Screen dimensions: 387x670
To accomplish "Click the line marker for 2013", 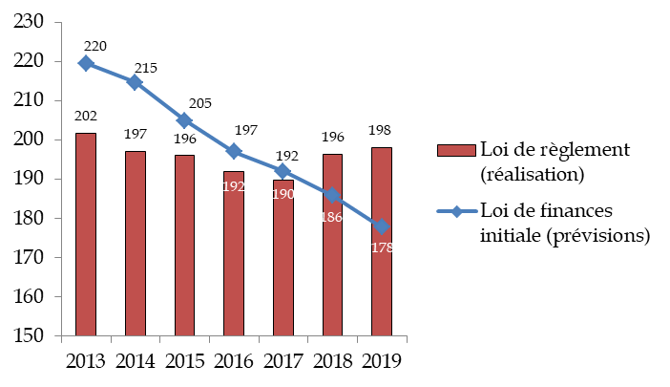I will pyautogui.click(x=86, y=63).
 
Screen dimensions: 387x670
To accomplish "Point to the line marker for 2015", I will pyautogui.click(x=184, y=120).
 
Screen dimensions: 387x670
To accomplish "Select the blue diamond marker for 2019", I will pyautogui.click(x=381, y=226).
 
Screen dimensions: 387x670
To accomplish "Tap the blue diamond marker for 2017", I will pyautogui.click(x=283, y=171).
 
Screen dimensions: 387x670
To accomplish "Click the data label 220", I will pyautogui.click(x=95, y=46).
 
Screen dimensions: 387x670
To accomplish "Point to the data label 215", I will pyautogui.click(x=145, y=68).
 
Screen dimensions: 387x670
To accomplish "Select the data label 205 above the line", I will pyautogui.click(x=199, y=103).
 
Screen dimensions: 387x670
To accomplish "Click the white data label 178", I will pyautogui.click(x=382, y=247).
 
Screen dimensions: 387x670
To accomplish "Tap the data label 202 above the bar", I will pyautogui.click(x=86, y=117).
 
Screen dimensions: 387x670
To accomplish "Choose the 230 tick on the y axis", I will pyautogui.click(x=30, y=21).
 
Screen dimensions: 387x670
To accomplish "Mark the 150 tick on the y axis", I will pyautogui.click(x=30, y=336).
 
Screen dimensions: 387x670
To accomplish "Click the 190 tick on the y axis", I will pyautogui.click(x=30, y=179).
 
